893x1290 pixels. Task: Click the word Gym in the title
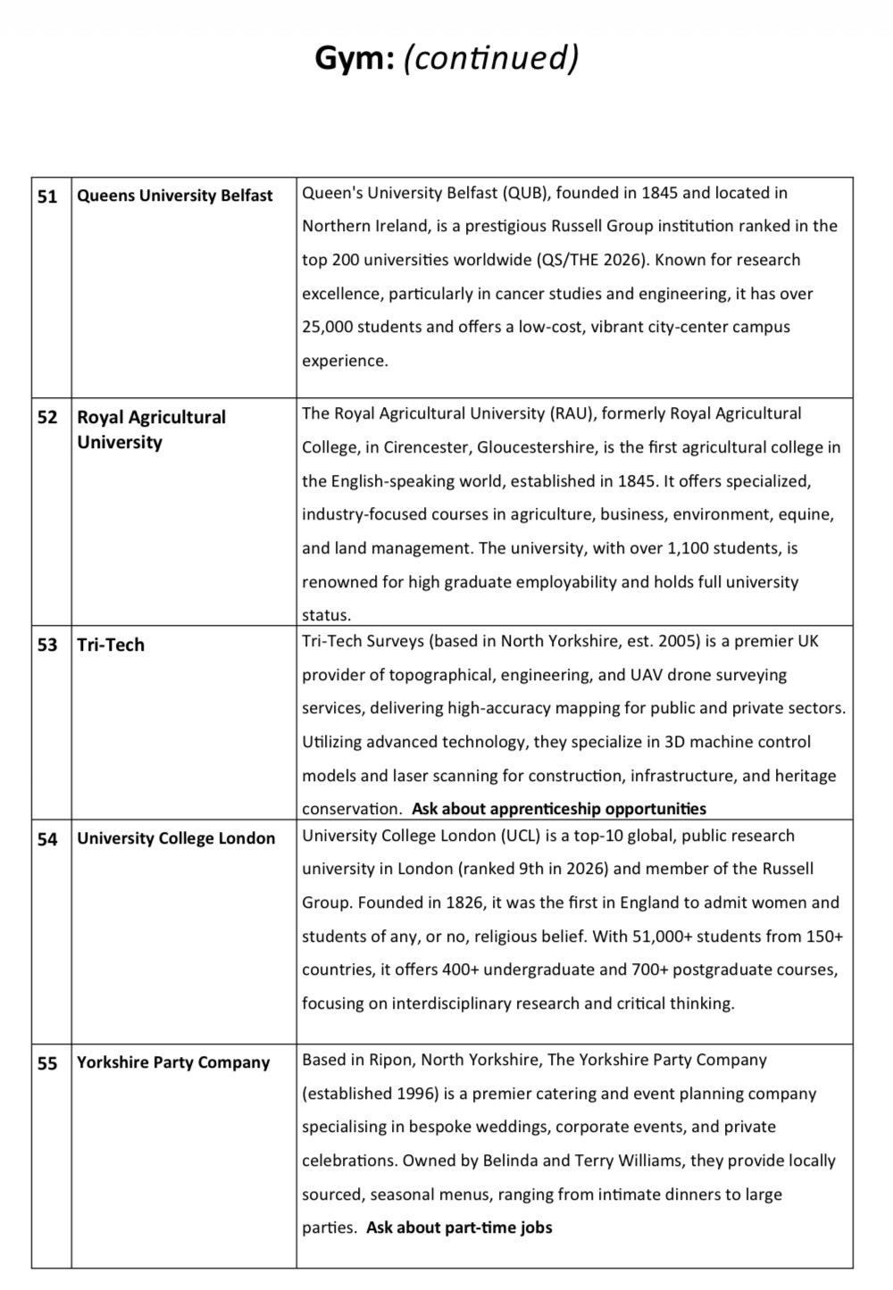click(354, 59)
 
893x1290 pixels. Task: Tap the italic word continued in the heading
click(492, 59)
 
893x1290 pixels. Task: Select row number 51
click(47, 196)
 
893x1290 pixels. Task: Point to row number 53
click(47, 645)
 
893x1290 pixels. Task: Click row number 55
click(47, 1063)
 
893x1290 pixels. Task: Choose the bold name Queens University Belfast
click(175, 196)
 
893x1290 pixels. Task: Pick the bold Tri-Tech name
click(111, 645)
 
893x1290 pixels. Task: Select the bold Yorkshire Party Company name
click(173, 1062)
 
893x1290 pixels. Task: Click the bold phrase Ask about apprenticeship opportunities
click(559, 809)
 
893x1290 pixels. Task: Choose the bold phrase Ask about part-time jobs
click(459, 1228)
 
